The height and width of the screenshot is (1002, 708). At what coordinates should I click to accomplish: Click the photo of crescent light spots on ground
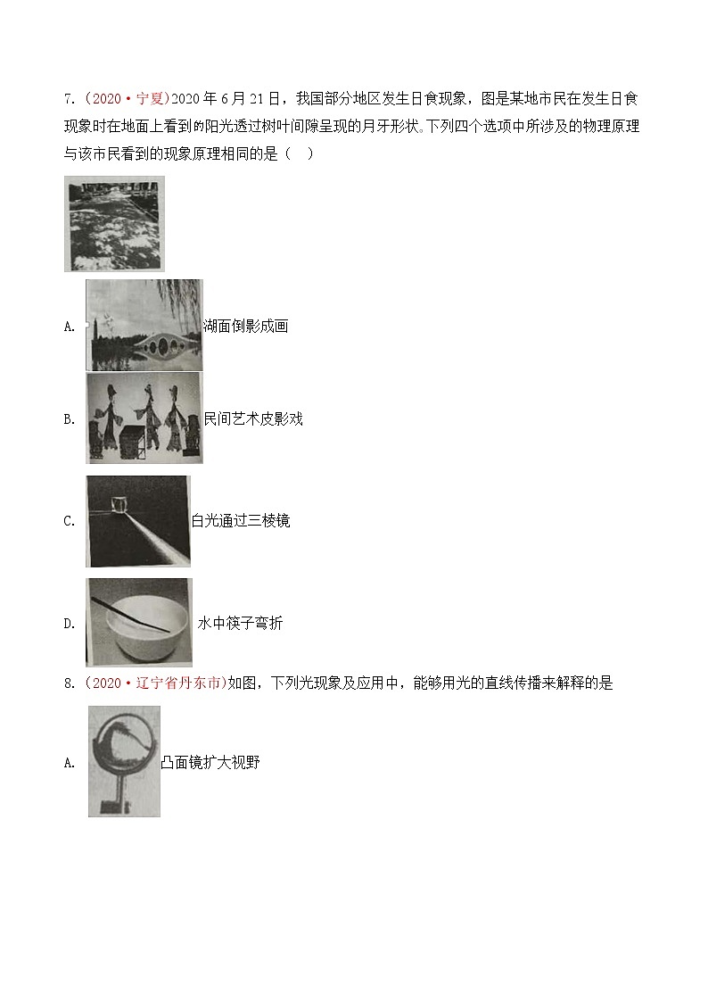pos(114,223)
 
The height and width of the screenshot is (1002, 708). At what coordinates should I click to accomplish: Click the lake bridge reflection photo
pos(144,325)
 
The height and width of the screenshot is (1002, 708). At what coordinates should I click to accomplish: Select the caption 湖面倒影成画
pos(245,326)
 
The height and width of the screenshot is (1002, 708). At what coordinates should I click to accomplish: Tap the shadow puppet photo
pos(144,418)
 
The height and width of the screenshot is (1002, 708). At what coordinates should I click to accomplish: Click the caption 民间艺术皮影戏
pos(253,418)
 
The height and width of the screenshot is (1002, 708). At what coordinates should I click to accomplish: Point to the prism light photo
pos(138,521)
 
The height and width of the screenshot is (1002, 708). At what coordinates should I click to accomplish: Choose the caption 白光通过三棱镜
pos(241,521)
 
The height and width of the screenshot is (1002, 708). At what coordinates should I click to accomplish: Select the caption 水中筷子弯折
pos(240,624)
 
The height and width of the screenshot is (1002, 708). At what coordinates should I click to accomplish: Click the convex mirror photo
pos(124,761)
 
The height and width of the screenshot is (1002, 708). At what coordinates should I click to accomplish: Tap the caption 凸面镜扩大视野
pos(210,762)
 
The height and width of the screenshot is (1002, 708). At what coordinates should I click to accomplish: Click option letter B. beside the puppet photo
pos(70,419)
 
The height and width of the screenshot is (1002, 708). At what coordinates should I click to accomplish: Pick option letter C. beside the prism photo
pos(70,522)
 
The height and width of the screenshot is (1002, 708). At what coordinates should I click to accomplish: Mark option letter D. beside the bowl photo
pos(70,625)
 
